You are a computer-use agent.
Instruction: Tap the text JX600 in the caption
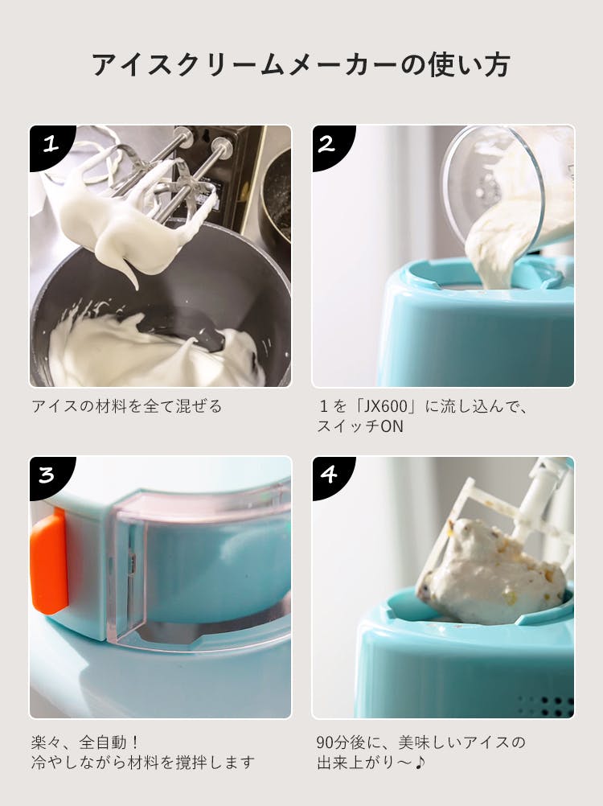384,406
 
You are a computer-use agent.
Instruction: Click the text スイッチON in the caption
359,426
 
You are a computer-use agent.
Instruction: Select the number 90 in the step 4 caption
326,742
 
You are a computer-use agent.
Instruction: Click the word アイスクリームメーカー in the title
244,65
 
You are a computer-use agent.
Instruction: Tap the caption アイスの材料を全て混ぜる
127,406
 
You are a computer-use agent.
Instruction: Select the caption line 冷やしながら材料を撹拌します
143,763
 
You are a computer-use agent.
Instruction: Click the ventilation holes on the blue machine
545,705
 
